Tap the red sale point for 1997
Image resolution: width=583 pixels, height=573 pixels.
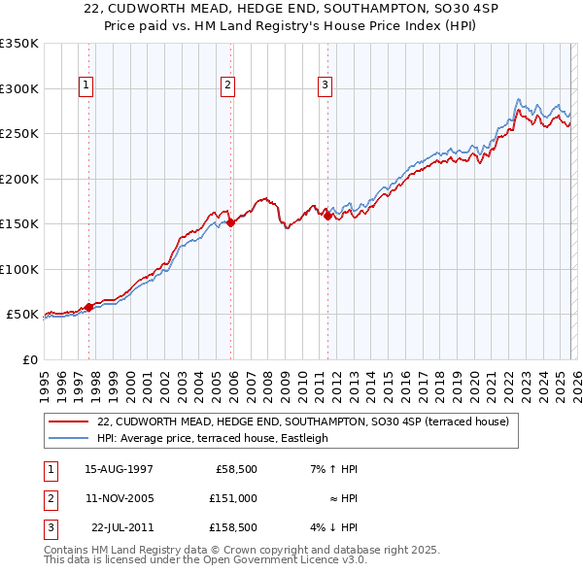pyautogui.click(x=88, y=307)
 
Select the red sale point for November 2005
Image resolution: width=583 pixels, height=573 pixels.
pyautogui.click(x=231, y=223)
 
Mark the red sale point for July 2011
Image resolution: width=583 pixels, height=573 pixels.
pyautogui.click(x=327, y=217)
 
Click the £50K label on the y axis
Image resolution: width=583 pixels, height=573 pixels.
pyautogui.click(x=22, y=315)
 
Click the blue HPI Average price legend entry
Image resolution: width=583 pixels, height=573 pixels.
pyautogui.click(x=213, y=438)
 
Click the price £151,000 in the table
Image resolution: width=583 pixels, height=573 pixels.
pyautogui.click(x=234, y=498)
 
